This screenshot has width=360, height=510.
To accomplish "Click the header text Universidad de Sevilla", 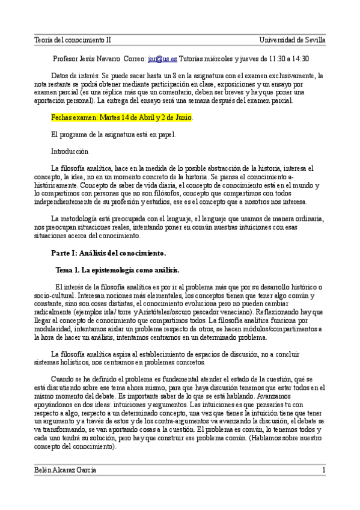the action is [292, 40].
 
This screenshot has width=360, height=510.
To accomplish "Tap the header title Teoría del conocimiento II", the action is [72, 40].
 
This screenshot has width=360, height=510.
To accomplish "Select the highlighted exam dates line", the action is [122, 117].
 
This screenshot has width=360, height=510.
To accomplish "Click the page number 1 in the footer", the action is [323, 469].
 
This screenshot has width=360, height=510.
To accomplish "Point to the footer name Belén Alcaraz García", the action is [65, 469].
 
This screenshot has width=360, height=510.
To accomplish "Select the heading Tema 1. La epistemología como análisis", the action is [117, 269].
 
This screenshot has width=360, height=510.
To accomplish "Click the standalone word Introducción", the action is [70, 152].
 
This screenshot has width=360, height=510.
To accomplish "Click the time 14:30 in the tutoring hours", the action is [299, 59].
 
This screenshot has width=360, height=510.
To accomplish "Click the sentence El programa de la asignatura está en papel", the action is [114, 135].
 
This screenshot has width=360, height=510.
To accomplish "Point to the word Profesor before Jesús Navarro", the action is [69, 59].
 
